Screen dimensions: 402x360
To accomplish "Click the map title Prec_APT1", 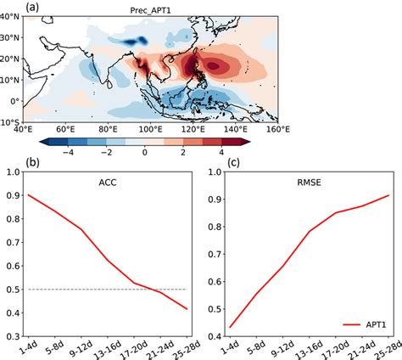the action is pyautogui.click(x=150, y=11).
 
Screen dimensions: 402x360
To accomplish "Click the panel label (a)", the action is pyautogui.click(x=32, y=7).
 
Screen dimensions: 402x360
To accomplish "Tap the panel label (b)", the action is pyautogui.click(x=32, y=163).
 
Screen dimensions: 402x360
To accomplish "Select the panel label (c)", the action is pyautogui.click(x=233, y=163).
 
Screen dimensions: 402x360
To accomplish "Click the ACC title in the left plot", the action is pyautogui.click(x=108, y=183).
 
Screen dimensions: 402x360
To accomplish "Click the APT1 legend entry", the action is pyautogui.click(x=376, y=324).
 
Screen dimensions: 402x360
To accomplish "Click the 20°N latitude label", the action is pyautogui.click(x=10, y=59).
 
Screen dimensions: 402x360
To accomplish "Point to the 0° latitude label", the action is pyautogui.click(x=14, y=101).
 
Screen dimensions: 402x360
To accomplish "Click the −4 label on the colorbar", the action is pyautogui.click(x=68, y=152).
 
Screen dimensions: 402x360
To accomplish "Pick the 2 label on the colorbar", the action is pyautogui.click(x=183, y=152).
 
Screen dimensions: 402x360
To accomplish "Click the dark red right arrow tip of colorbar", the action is pyautogui.click(x=250, y=142).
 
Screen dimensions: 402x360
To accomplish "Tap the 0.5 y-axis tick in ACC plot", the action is pyautogui.click(x=13, y=290).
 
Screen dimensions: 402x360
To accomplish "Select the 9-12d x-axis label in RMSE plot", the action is pyautogui.click(x=283, y=348).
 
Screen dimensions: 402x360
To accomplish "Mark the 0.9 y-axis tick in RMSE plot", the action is pyautogui.click(x=215, y=200).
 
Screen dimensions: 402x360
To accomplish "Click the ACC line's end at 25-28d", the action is pyautogui.click(x=187, y=309).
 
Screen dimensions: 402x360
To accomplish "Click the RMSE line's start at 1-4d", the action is pyautogui.click(x=230, y=328).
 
